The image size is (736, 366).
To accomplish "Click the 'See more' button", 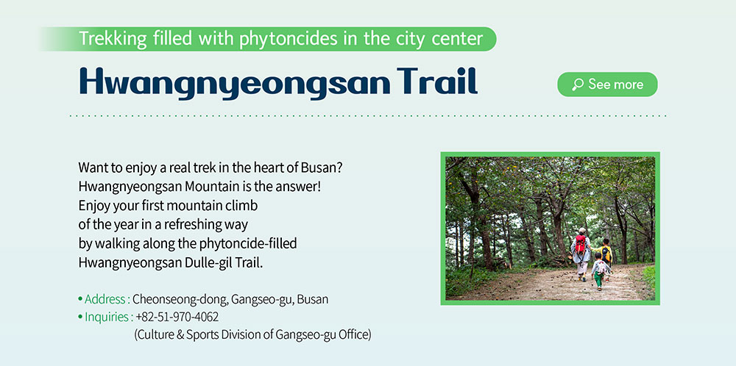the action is (607, 85).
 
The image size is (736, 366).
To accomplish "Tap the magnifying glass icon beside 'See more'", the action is (577, 85).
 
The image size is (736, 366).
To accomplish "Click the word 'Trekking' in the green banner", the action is (113, 39).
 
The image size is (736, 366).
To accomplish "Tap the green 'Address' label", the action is (105, 299).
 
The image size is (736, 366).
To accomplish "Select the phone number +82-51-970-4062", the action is (177, 317).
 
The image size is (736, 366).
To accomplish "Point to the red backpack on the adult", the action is (581, 244).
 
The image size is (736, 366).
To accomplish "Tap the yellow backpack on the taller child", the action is (606, 255).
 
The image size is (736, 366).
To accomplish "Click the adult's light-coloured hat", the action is (582, 231).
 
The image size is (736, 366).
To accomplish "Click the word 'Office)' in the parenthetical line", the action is (355, 335).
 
